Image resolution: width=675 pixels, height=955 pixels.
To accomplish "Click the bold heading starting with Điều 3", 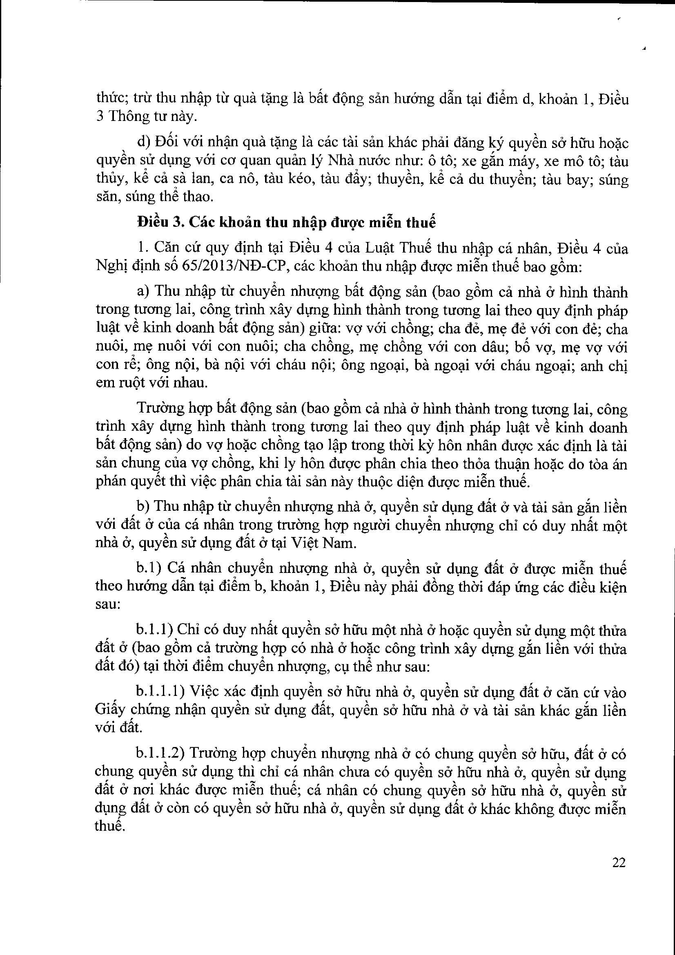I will pyautogui.click(x=286, y=223).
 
